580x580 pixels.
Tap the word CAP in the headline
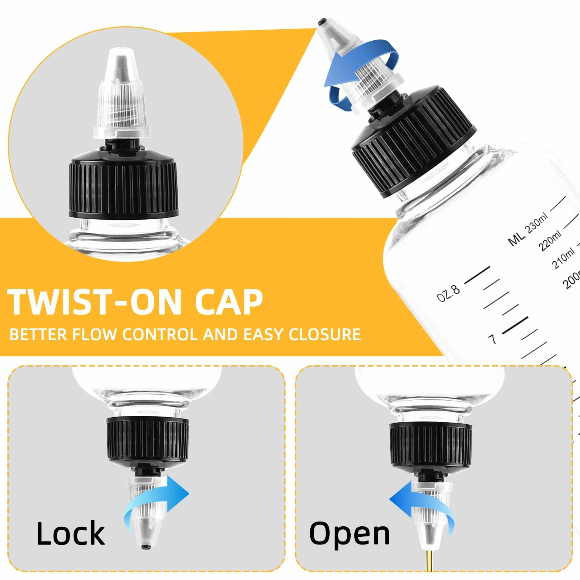[228, 301]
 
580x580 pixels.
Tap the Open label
[349, 534]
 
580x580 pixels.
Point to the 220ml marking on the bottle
[550, 240]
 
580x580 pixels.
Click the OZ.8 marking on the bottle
[448, 293]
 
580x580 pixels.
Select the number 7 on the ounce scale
[492, 339]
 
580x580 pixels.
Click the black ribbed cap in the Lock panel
[148, 440]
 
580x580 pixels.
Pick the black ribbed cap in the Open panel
[431, 446]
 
